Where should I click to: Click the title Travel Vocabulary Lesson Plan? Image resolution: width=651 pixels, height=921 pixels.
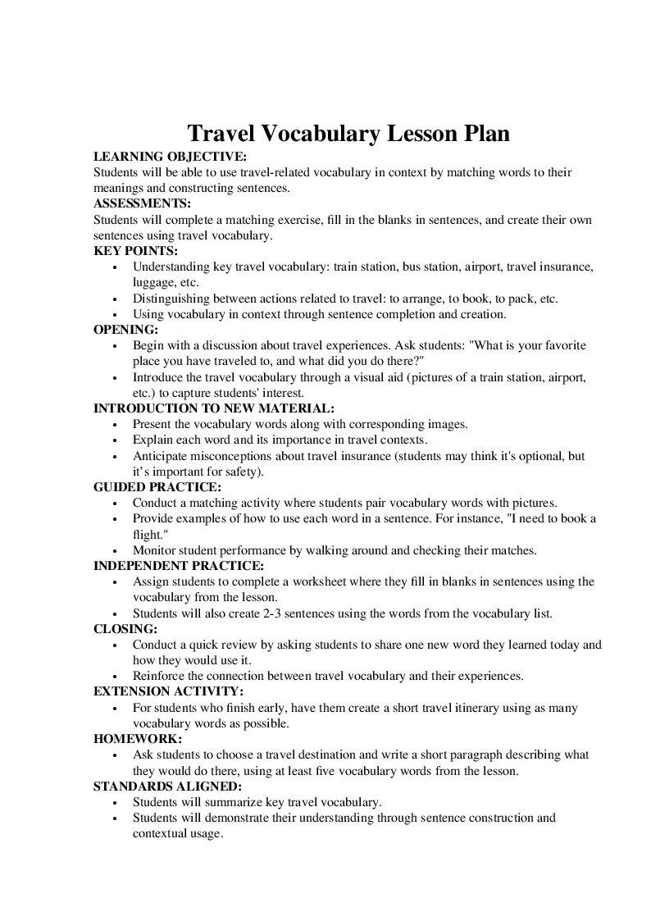tap(348, 134)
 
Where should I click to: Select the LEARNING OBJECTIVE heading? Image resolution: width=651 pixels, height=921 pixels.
tap(170, 157)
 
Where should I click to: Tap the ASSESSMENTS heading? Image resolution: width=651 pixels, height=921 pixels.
tap(142, 203)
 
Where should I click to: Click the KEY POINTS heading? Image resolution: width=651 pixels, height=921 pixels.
tap(135, 251)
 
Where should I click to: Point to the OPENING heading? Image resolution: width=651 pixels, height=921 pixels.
tap(126, 330)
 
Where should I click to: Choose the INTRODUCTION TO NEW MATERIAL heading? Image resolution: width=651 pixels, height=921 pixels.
tap(214, 408)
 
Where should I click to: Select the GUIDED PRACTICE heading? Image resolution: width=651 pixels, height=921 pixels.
tap(157, 487)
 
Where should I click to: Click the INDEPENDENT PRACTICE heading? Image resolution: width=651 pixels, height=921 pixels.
tap(179, 566)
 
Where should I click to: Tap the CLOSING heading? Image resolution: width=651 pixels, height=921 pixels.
tap(125, 629)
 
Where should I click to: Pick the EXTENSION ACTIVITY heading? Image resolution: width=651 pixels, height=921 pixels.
tap(168, 691)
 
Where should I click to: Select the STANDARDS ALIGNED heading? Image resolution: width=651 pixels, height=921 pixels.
tap(167, 786)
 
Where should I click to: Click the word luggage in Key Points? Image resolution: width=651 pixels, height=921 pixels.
tap(153, 282)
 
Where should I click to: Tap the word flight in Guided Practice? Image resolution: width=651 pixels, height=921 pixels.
tap(148, 535)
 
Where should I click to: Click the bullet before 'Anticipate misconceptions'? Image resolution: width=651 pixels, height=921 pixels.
tap(115, 457)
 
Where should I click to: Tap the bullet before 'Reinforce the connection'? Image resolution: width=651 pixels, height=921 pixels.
tap(115, 677)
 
